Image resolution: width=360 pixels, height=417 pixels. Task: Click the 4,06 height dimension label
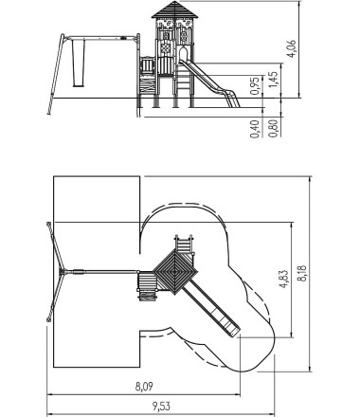(293, 48)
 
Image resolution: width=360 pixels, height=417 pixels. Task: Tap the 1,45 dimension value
(274, 80)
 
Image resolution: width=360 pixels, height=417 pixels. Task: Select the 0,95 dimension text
(255, 85)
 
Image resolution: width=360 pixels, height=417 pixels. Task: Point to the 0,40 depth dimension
(255, 129)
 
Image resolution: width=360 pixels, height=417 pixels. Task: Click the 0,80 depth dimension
(274, 128)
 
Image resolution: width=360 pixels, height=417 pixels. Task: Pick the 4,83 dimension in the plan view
(284, 279)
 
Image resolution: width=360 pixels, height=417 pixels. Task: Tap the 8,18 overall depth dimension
(302, 274)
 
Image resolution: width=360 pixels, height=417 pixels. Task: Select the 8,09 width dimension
(144, 387)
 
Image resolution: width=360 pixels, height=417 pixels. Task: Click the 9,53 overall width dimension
(161, 406)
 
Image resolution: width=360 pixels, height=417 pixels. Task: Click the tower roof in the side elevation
(174, 9)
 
